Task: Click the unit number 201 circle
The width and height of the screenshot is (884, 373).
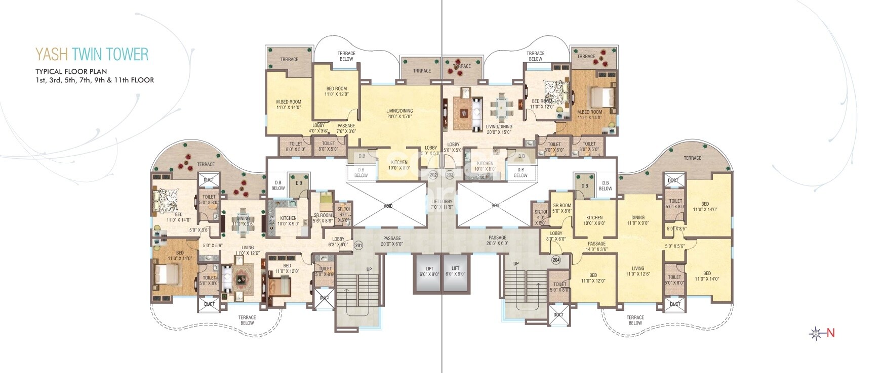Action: pos(358,246)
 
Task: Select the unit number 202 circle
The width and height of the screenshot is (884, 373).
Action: pos(433,175)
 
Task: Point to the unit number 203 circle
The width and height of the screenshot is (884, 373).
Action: pos(450,175)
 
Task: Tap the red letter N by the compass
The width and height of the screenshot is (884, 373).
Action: pos(831,333)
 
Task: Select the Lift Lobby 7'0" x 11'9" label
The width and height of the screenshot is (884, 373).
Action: pos(441,204)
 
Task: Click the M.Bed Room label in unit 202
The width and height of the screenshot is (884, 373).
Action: pos(289,105)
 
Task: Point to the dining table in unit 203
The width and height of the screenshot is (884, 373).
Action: pos(501,107)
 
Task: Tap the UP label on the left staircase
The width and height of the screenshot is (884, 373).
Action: pos(369,269)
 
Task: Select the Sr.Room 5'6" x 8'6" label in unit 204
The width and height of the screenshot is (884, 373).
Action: pos(562,208)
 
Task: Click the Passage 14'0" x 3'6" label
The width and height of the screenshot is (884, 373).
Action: pos(596,246)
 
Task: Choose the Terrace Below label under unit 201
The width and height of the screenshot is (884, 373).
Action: pos(247,320)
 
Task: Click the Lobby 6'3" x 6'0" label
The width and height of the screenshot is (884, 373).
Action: pos(338,242)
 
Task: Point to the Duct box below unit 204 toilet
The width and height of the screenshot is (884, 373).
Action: pos(558,315)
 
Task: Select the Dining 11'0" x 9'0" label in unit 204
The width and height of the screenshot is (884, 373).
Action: pos(637,220)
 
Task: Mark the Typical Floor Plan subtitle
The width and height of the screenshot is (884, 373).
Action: pos(71,71)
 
